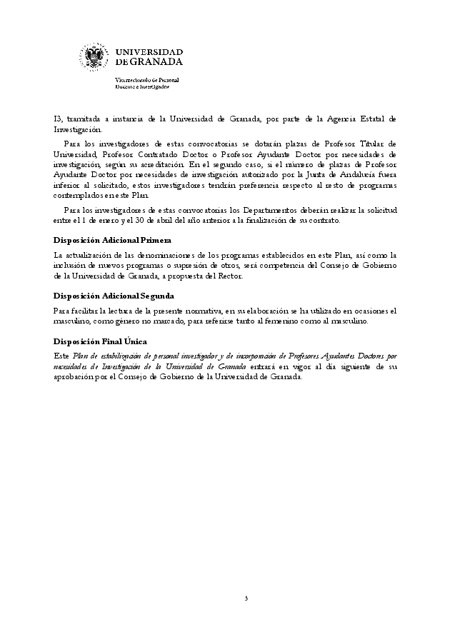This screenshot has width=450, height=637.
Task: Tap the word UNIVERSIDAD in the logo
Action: click(149, 52)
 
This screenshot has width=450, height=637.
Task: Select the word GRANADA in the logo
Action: click(156, 62)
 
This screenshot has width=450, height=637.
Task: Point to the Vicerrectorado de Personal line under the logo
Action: click(147, 80)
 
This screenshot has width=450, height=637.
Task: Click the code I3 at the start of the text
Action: click(58, 119)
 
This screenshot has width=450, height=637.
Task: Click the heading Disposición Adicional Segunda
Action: click(114, 295)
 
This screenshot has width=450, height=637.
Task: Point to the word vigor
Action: click(306, 367)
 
